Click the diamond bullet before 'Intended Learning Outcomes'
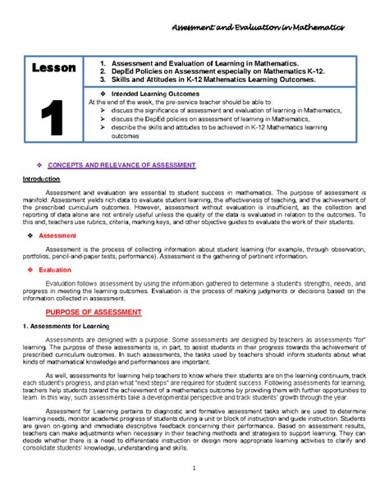(101, 94)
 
